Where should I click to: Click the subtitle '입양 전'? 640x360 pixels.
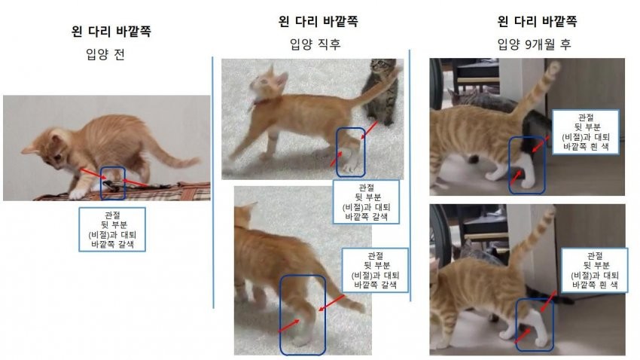105,54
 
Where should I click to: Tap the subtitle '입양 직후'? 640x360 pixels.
315,44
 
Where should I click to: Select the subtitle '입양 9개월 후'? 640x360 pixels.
534,44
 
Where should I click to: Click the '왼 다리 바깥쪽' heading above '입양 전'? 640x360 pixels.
111,32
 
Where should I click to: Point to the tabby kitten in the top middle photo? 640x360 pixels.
380,92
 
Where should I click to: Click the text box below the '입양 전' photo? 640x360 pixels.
112,230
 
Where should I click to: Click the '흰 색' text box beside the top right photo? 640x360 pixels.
585,132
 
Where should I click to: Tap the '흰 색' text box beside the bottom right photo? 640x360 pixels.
595,270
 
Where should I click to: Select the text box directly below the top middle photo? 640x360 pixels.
366,202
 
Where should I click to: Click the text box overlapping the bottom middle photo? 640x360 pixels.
375,270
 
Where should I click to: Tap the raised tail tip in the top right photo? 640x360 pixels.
554,67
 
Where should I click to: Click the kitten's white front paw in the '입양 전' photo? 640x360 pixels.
77,194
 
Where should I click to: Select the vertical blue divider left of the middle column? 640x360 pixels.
213,182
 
